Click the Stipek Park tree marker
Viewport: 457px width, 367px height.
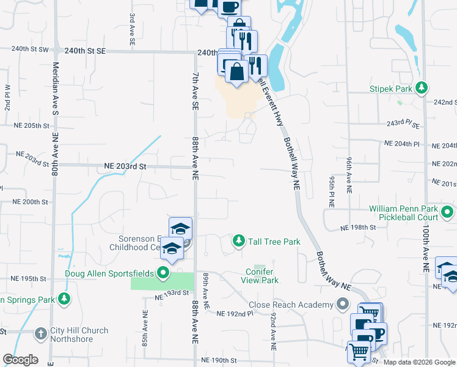pyautogui.click(x=421, y=89)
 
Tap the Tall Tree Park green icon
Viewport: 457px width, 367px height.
pyautogui.click(x=238, y=242)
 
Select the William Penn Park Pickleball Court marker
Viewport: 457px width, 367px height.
pyautogui.click(x=447, y=213)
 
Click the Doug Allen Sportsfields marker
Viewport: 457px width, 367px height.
pyautogui.click(x=163, y=272)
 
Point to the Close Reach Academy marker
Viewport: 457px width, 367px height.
pyautogui.click(x=343, y=304)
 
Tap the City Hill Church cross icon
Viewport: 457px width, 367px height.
pyautogui.click(x=40, y=335)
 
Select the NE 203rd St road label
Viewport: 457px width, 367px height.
pyautogui.click(x=126, y=166)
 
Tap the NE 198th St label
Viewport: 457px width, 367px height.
pyautogui.click(x=357, y=227)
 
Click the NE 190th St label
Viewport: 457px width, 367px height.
pyautogui.click(x=218, y=360)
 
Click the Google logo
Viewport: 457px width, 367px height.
pyautogui.click(x=20, y=360)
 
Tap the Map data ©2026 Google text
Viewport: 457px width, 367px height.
pyautogui.click(x=419, y=362)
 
